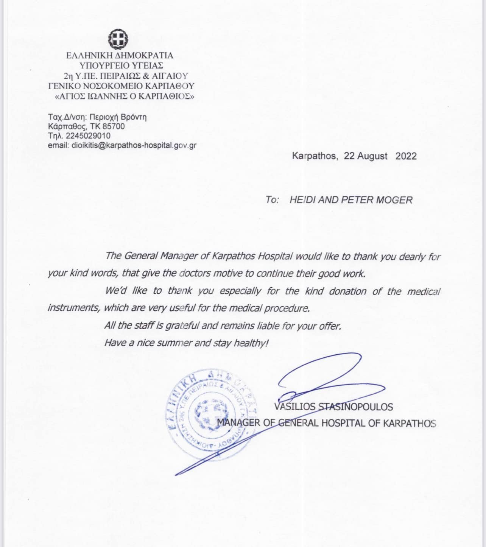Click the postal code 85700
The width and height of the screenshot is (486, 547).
coord(114,126)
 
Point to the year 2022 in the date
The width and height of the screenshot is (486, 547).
coord(406,156)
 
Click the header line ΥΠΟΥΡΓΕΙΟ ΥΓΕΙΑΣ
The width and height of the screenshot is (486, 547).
coord(120,65)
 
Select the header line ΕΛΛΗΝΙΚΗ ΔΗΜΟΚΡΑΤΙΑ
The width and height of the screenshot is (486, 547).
coord(120,55)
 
